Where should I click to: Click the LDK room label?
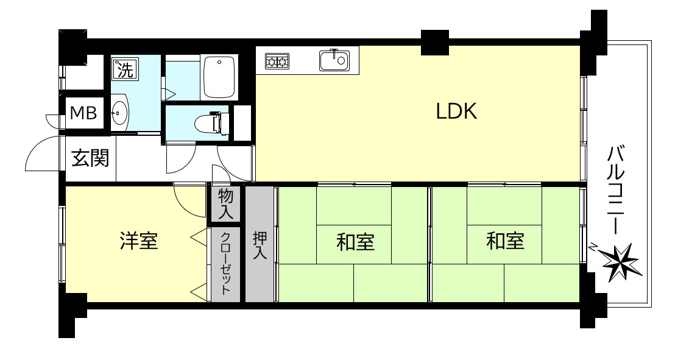456,111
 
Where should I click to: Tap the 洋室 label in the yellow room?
138,241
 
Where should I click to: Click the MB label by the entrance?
83,113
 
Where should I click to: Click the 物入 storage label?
225,204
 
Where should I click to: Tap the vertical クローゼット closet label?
225,263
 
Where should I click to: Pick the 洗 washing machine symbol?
124,69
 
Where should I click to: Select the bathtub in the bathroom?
220,77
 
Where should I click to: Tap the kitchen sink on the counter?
333,60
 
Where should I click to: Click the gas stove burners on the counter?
277,61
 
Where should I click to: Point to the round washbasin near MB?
119,113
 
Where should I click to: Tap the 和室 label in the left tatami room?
355,242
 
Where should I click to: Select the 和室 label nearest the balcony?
505,241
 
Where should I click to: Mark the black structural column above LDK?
434,41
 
